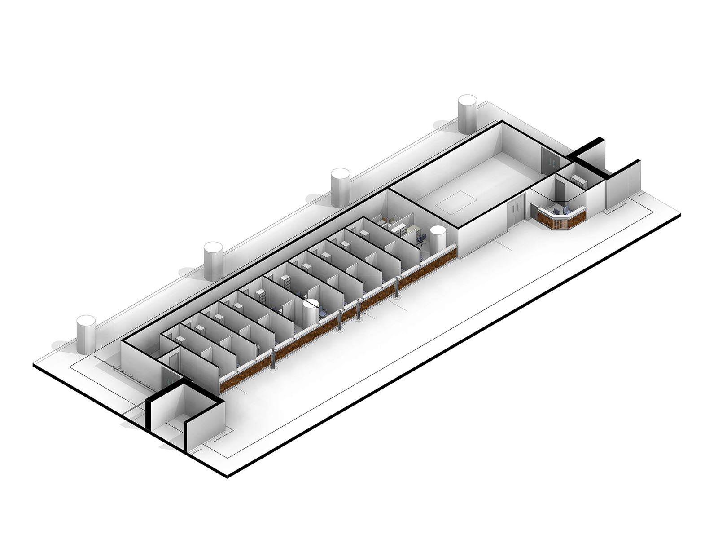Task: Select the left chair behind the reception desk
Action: point(556,210)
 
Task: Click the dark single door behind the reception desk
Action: point(560,190)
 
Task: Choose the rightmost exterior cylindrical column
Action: point(467,114)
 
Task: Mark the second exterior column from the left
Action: point(213,260)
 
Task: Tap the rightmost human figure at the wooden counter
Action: point(397,288)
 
